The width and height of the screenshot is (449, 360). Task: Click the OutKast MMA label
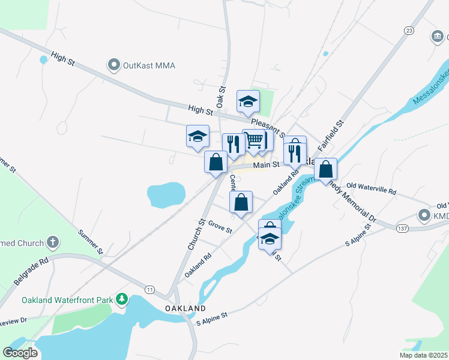149,64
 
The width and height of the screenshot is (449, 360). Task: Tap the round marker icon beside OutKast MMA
113,64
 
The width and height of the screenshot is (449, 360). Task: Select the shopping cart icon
254,140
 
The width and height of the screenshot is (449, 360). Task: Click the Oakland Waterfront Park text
67,299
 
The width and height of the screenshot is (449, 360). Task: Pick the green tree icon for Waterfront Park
122,299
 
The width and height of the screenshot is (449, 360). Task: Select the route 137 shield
402,227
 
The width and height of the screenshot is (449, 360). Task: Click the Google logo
20,352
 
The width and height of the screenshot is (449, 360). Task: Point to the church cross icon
53,243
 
